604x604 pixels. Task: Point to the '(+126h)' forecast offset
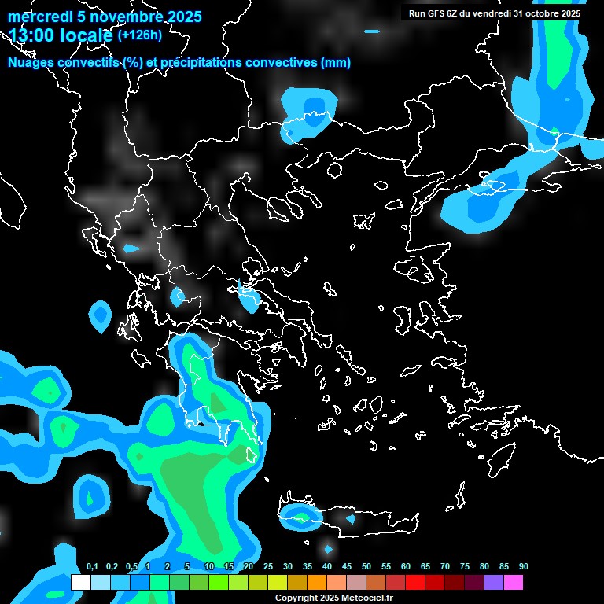click(140, 35)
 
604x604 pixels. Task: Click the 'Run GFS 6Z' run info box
click(493, 13)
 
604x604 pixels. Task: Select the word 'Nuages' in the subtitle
click(31, 63)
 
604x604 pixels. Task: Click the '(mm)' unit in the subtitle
click(337, 63)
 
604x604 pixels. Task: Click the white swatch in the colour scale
click(80, 582)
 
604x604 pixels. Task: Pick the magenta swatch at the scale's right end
click(514, 582)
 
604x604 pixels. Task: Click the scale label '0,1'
click(92, 567)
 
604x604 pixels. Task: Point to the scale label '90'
click(524, 567)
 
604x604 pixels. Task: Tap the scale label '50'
click(366, 567)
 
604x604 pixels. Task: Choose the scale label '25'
click(268, 567)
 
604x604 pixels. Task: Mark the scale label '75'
click(465, 567)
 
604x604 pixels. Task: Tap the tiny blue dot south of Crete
click(329, 548)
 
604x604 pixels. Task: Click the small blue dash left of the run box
click(372, 31)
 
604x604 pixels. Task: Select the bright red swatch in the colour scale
click(415, 582)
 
